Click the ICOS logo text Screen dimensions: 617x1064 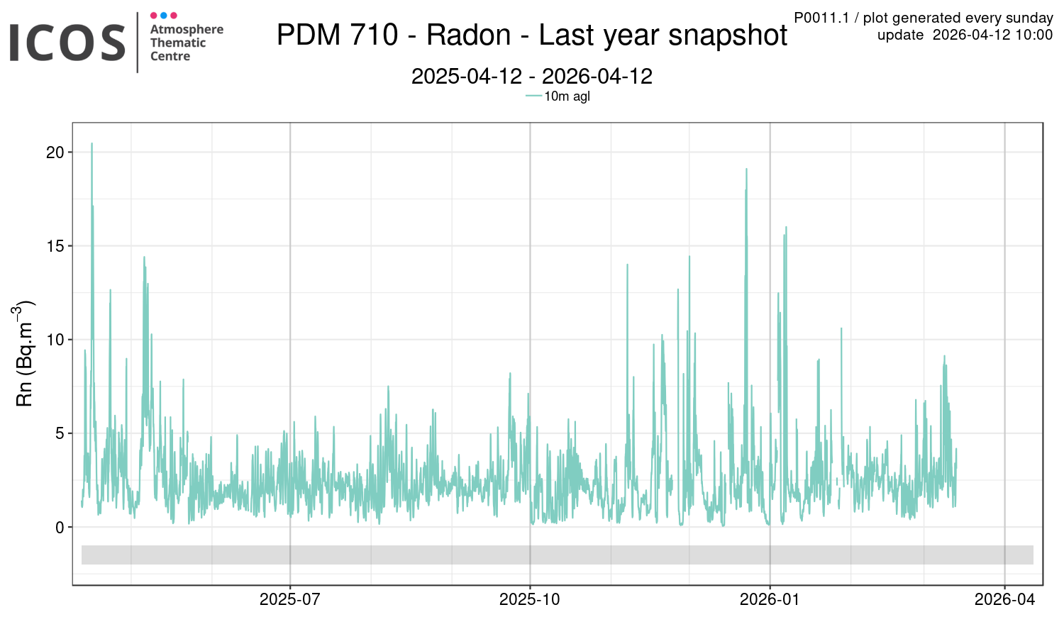[67, 42]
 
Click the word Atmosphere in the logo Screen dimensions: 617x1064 [187, 29]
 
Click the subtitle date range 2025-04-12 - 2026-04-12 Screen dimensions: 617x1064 [531, 76]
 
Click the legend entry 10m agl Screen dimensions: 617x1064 [567, 96]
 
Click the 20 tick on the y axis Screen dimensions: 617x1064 [55, 152]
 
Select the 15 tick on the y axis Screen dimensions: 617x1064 [55, 246]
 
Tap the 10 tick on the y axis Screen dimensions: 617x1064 [55, 340]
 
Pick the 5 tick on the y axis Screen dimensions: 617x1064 [60, 433]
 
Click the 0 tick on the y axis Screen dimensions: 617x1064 [60, 527]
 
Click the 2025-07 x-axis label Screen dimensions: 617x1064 [289, 599]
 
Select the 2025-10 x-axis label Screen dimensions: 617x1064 [529, 599]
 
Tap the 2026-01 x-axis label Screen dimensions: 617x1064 [770, 599]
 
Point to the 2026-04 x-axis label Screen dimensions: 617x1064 [1004, 599]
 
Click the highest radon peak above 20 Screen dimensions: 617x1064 [92, 144]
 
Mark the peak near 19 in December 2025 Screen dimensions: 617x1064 [746, 169]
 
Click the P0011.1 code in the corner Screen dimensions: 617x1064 [821, 18]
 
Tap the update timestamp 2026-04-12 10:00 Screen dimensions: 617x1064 [992, 35]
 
